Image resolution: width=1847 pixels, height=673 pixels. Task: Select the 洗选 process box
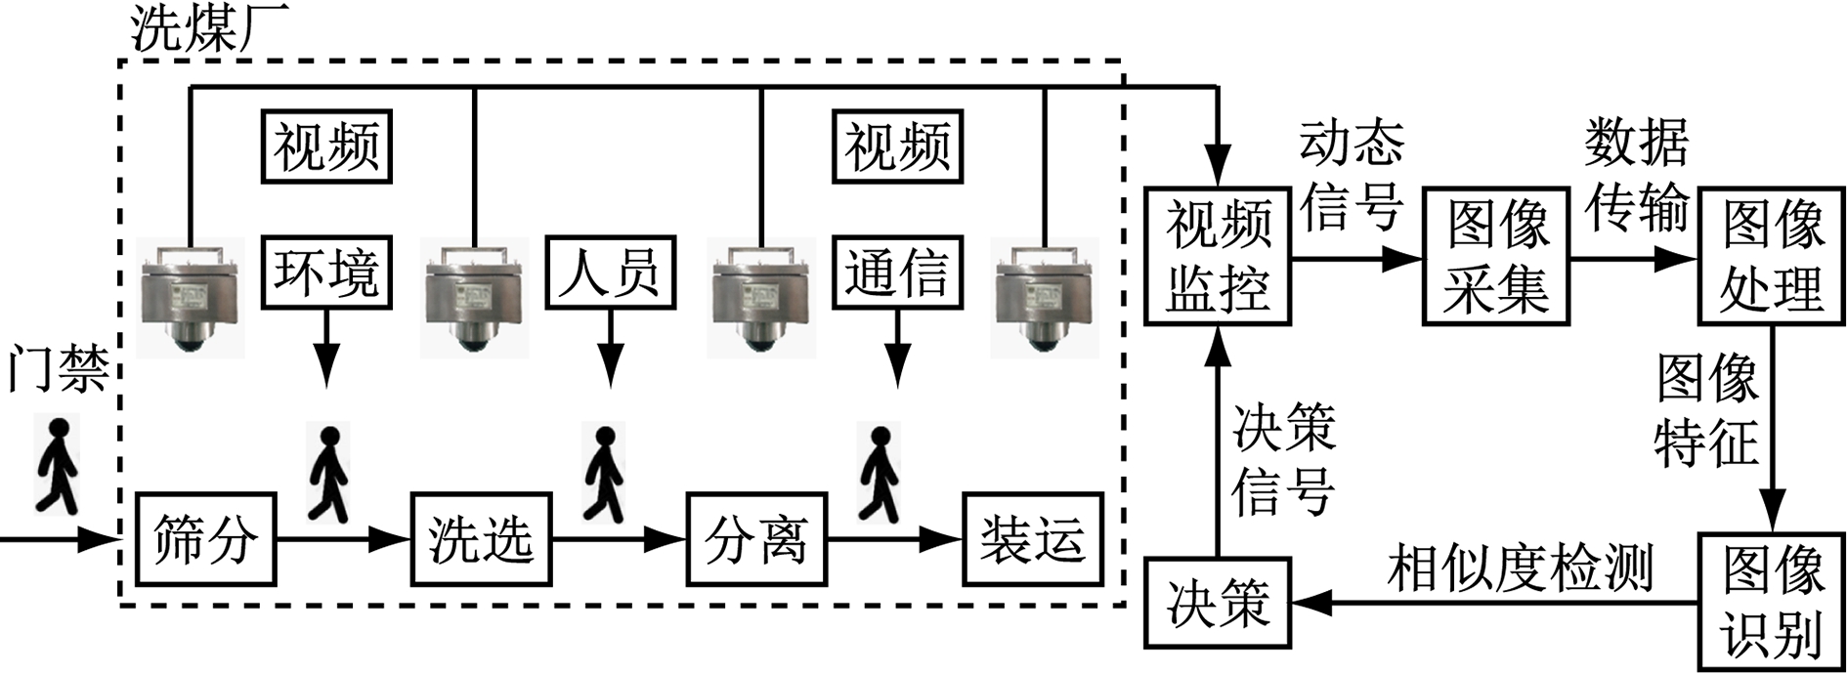481,539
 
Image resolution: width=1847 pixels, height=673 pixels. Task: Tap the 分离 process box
755,539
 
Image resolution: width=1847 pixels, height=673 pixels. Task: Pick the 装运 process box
1033,539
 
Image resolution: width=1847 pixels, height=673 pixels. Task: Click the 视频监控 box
1219,258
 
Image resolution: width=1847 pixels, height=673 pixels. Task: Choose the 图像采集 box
1496,258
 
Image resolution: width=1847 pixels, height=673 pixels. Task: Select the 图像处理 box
1772,258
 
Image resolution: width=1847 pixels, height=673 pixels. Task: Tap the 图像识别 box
1772,602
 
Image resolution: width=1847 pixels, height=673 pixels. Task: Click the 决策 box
1218,602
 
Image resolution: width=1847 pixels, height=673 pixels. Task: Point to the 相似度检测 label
1519,568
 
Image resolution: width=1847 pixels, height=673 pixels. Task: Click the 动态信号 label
1352,175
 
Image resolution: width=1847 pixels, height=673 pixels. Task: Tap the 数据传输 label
1637,175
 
